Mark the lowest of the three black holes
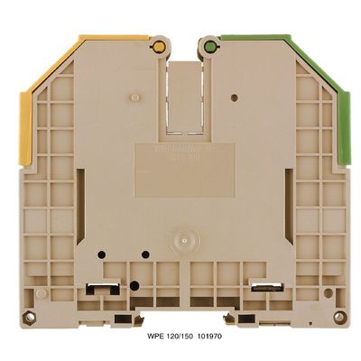pos(134,284)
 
